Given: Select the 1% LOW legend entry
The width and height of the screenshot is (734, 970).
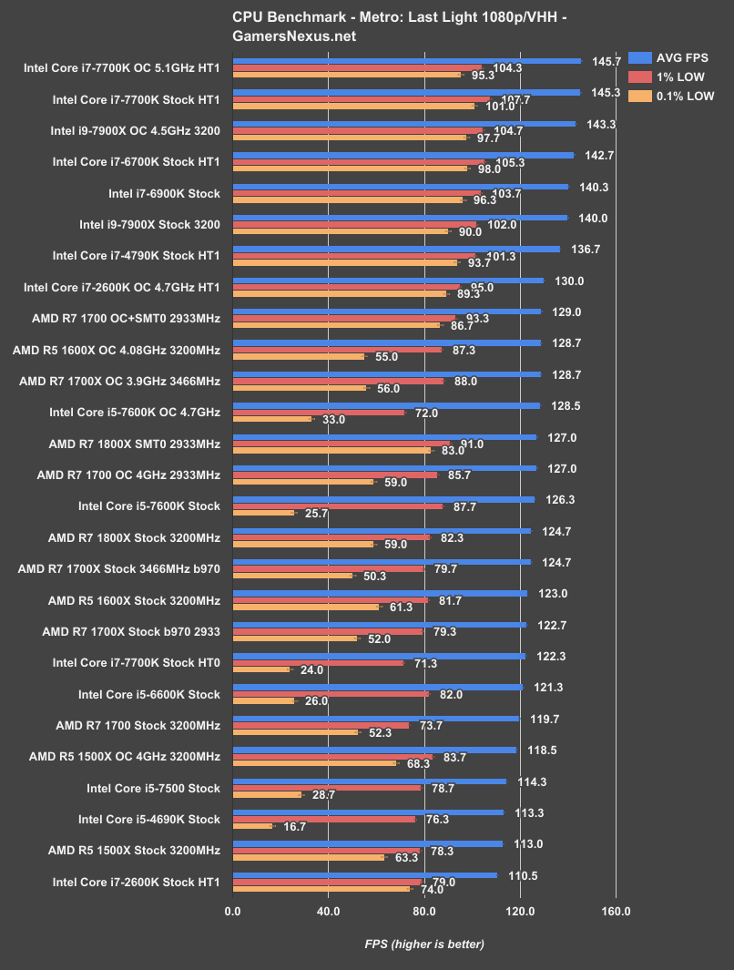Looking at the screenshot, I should point(677,77).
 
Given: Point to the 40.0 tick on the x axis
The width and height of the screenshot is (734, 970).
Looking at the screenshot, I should point(329,910).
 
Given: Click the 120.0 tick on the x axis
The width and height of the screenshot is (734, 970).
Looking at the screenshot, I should point(520,910).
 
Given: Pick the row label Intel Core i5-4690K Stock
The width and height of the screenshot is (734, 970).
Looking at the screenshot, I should point(149,819).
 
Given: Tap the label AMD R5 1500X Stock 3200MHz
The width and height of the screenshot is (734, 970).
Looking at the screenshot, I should point(134,850).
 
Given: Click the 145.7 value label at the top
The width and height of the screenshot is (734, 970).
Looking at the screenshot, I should point(606,61).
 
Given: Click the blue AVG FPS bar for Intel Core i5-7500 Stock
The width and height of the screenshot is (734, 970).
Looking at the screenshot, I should point(370,781).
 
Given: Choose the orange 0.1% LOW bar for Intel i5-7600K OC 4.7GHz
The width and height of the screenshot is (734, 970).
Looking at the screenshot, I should point(272,419).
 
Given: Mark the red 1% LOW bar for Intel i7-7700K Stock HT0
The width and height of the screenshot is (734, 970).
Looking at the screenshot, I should point(319,662).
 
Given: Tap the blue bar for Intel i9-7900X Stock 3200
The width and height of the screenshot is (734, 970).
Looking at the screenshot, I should point(401,218).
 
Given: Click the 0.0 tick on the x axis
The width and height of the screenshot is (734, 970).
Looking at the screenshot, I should point(233,910).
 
